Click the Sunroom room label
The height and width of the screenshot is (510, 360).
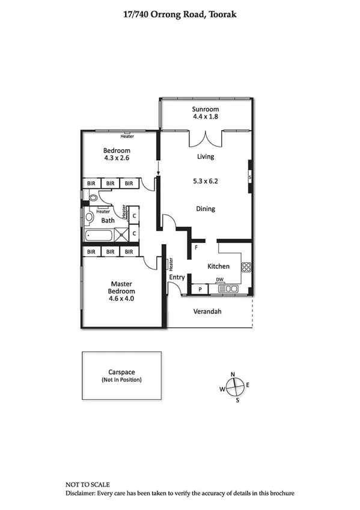click(x=204, y=109)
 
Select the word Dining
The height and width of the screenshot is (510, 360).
click(x=206, y=209)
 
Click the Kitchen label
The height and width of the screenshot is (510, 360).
click(x=218, y=266)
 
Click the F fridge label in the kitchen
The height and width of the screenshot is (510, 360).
click(x=196, y=247)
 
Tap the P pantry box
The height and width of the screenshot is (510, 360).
click(x=200, y=290)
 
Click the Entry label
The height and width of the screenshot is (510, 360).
click(x=177, y=277)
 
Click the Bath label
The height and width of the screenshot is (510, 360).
click(x=108, y=221)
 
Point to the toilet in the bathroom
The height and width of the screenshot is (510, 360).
click(x=93, y=197)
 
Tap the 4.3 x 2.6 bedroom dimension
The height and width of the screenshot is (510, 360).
click(x=117, y=158)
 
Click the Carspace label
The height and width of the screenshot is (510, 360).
click(x=122, y=372)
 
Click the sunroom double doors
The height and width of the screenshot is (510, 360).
click(x=205, y=138)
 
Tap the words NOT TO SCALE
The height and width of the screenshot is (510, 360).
click(x=88, y=484)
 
